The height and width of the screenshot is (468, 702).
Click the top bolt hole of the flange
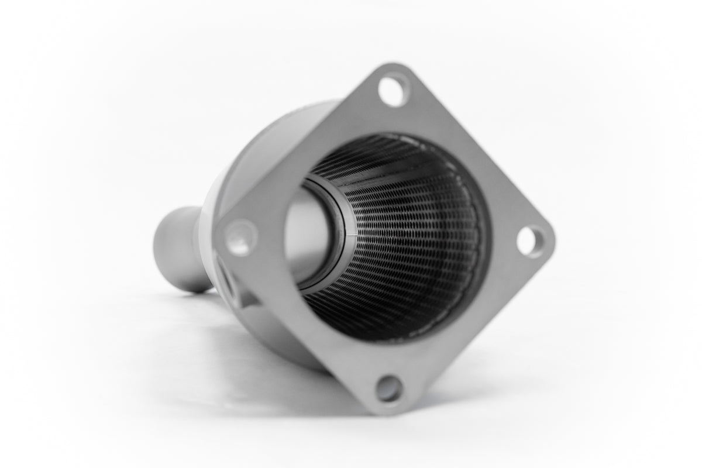coord(394,90)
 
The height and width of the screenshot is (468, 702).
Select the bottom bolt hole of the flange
coord(390,389)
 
